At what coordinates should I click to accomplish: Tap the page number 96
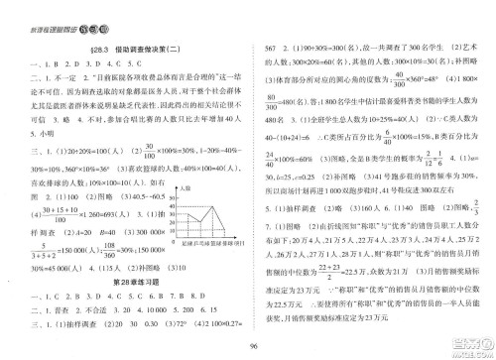coord(248,346)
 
